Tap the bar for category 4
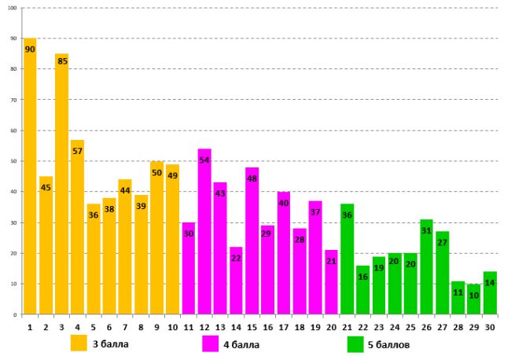tap(77, 227)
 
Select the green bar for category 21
tap(347, 259)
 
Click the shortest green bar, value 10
tap(473, 299)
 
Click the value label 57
tap(77, 151)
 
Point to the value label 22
tap(236, 258)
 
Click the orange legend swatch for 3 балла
tap(79, 343)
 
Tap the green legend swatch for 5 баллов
tap(355, 343)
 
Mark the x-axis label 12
tap(204, 325)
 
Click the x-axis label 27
tap(442, 325)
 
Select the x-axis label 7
tap(125, 325)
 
